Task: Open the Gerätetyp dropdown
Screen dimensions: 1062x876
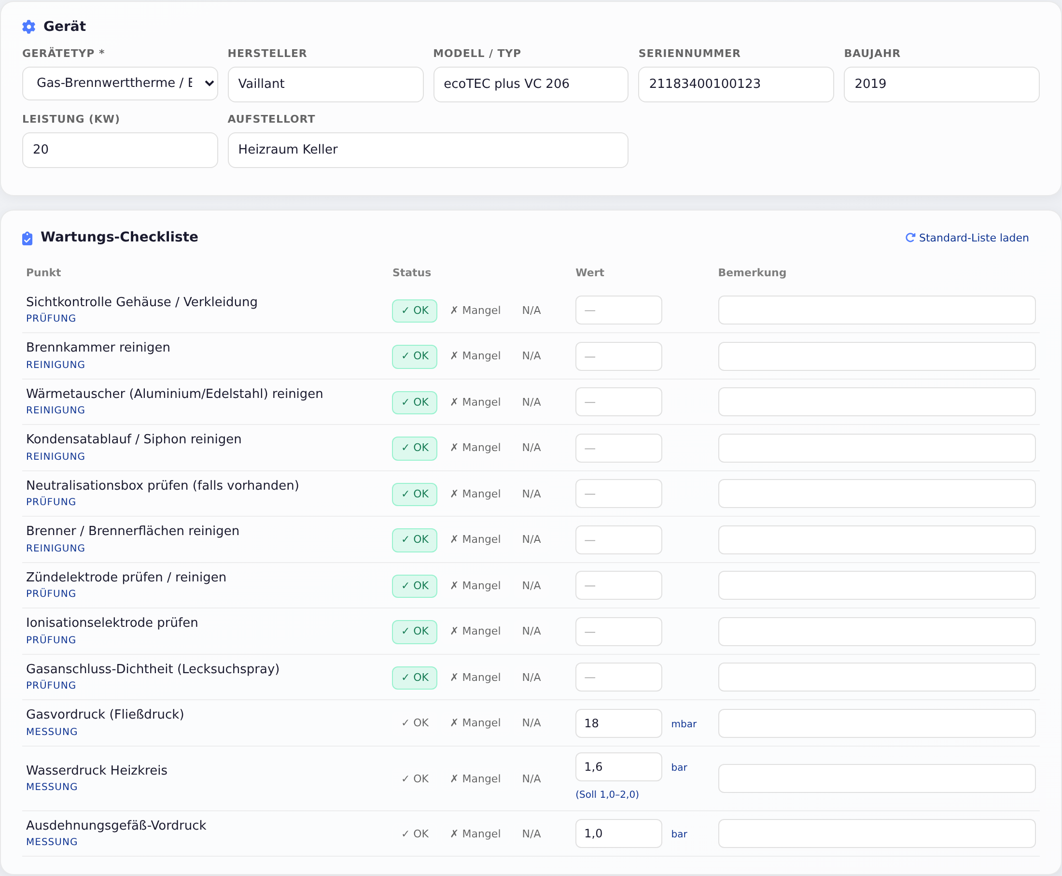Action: point(120,83)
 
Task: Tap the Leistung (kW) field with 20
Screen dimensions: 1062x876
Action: point(120,150)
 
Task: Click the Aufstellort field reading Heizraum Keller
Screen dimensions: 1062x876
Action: point(428,150)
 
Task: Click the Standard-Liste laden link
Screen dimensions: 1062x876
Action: point(967,238)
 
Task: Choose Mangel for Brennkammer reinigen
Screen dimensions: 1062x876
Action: point(475,356)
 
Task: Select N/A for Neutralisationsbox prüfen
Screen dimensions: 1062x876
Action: point(531,494)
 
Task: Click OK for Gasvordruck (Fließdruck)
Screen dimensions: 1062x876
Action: point(415,723)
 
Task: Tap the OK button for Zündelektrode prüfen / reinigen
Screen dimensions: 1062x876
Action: point(415,586)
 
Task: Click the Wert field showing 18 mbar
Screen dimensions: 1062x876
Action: point(619,723)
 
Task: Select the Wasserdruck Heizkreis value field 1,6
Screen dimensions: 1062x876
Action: point(619,766)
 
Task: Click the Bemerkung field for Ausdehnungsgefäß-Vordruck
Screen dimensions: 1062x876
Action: point(877,834)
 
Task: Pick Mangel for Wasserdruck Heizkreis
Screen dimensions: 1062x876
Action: point(475,778)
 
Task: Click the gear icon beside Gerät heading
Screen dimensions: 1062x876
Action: point(29,27)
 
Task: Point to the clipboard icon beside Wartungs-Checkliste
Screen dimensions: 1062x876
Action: point(27,238)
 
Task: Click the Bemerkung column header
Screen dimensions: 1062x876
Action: point(752,272)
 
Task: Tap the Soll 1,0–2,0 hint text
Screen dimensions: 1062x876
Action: point(607,794)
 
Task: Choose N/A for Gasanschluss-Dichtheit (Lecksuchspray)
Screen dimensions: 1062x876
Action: point(531,677)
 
